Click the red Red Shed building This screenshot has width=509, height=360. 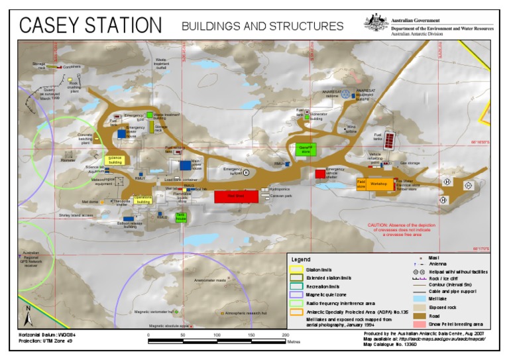(x=236, y=196)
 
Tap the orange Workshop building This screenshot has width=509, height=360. (x=379, y=184)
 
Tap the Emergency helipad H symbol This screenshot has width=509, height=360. (x=246, y=172)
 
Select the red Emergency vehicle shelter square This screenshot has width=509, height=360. (x=320, y=174)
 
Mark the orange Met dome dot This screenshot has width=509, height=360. (x=102, y=201)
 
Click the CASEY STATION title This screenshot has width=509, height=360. (x=90, y=25)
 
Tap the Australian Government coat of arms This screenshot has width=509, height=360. (x=376, y=23)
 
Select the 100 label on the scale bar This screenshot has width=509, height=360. (x=217, y=335)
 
